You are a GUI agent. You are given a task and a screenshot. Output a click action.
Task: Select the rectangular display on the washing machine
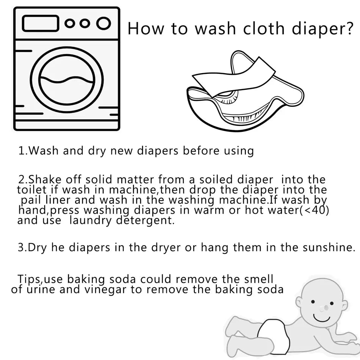click(40, 23)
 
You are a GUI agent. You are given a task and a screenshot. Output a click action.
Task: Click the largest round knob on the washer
click(103, 23)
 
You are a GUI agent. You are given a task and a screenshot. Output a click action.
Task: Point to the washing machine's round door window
click(67, 80)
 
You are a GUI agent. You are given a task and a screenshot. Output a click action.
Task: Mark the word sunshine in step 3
click(329, 248)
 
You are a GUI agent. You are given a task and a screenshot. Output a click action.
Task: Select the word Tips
click(29, 280)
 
